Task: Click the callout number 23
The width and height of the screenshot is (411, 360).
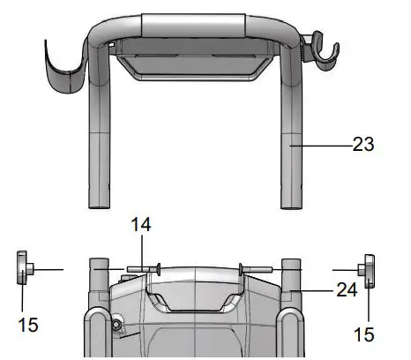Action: (363, 145)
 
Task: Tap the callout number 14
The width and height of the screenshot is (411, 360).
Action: (141, 225)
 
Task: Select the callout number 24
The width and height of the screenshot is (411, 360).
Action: (347, 289)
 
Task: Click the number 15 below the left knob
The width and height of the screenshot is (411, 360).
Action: (28, 325)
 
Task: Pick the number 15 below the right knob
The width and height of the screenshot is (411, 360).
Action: (364, 334)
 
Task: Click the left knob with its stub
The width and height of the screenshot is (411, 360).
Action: (25, 267)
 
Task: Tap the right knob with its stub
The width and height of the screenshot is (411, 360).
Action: (366, 271)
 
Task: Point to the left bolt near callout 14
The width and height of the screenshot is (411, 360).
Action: (144, 269)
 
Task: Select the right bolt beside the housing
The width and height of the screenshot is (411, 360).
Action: (256, 268)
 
